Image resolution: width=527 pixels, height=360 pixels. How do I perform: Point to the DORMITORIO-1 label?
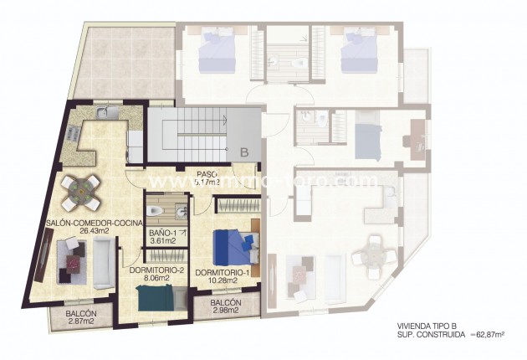[x=223, y=273]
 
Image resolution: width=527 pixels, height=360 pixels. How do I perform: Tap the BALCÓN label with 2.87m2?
[x=81, y=313]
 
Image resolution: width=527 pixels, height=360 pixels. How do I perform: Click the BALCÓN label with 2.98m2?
[x=226, y=303]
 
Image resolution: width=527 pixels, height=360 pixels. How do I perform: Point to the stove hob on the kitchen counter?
[x=71, y=131]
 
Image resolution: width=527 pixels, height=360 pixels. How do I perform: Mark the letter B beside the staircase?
[x=243, y=152]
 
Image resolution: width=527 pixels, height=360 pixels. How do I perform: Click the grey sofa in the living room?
[x=103, y=262]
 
